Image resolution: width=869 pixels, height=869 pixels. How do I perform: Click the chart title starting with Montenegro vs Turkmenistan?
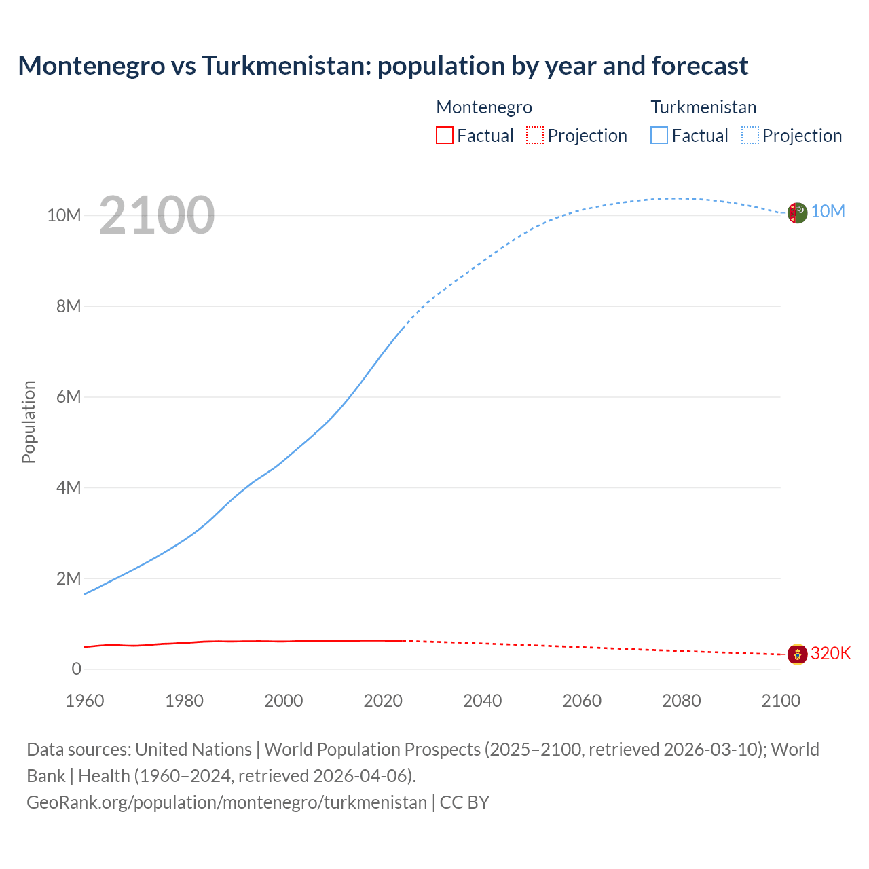pos(383,66)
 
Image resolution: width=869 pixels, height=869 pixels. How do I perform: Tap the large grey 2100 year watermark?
pos(157,215)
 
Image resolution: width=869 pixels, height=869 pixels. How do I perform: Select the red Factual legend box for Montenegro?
pos(444,135)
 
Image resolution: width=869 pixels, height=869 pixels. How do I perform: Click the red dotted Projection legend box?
pos(535,135)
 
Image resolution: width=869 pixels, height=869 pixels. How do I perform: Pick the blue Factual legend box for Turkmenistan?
pos(659,135)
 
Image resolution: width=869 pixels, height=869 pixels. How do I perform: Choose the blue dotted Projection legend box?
pos(750,135)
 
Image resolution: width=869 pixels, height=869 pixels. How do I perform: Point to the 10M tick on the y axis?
pos(64,215)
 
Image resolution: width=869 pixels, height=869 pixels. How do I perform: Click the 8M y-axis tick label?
pos(69,306)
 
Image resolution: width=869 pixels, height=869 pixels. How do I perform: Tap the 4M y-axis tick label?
pos(69,487)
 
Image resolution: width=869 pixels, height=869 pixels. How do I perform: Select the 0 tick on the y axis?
pos(77,669)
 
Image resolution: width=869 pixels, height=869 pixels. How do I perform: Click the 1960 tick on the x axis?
pos(85,701)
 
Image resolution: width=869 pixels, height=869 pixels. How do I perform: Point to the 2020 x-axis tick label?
pos(383,701)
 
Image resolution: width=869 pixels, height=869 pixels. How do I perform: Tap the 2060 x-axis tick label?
pos(582,701)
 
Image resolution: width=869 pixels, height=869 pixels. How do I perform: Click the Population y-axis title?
pos(29,422)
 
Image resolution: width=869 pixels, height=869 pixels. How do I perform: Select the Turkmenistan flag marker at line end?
pos(797,212)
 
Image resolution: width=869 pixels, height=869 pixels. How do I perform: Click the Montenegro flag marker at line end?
pos(797,654)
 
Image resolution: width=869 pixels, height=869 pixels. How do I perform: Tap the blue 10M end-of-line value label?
pos(828,211)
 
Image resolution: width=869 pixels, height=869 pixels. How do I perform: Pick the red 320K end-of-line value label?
pos(830,653)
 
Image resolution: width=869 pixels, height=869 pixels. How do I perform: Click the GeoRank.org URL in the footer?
pos(227,802)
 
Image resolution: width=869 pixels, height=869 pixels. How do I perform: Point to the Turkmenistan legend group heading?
pos(703,107)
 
